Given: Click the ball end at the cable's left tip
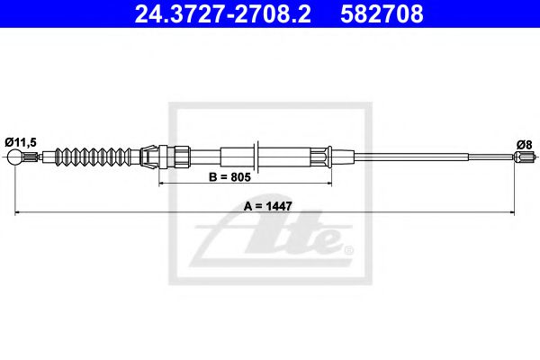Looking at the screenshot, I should (x=15, y=159).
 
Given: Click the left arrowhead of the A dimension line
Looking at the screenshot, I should (x=19, y=212).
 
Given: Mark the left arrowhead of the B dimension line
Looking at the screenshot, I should (x=163, y=184).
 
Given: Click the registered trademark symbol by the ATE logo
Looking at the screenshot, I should (x=348, y=248).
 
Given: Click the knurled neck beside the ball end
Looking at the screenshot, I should (x=34, y=159).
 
